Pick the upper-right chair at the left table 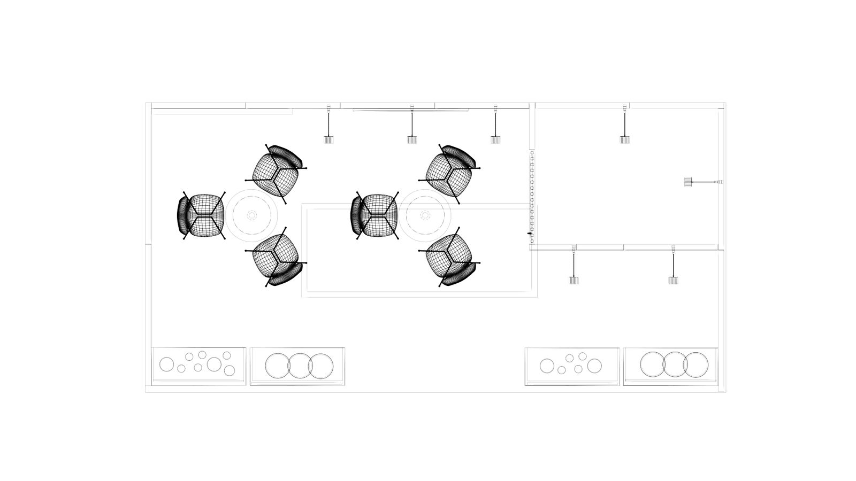pos(278,170)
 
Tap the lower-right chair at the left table pos(278,261)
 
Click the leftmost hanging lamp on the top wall pos(328,139)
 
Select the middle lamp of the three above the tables pos(411,139)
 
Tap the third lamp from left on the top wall pos(495,139)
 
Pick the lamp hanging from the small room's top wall pos(624,139)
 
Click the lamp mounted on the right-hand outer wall pos(688,182)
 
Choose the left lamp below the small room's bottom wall pos(574,280)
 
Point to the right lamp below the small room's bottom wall pos(673,280)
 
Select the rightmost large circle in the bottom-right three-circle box pos(697,364)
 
